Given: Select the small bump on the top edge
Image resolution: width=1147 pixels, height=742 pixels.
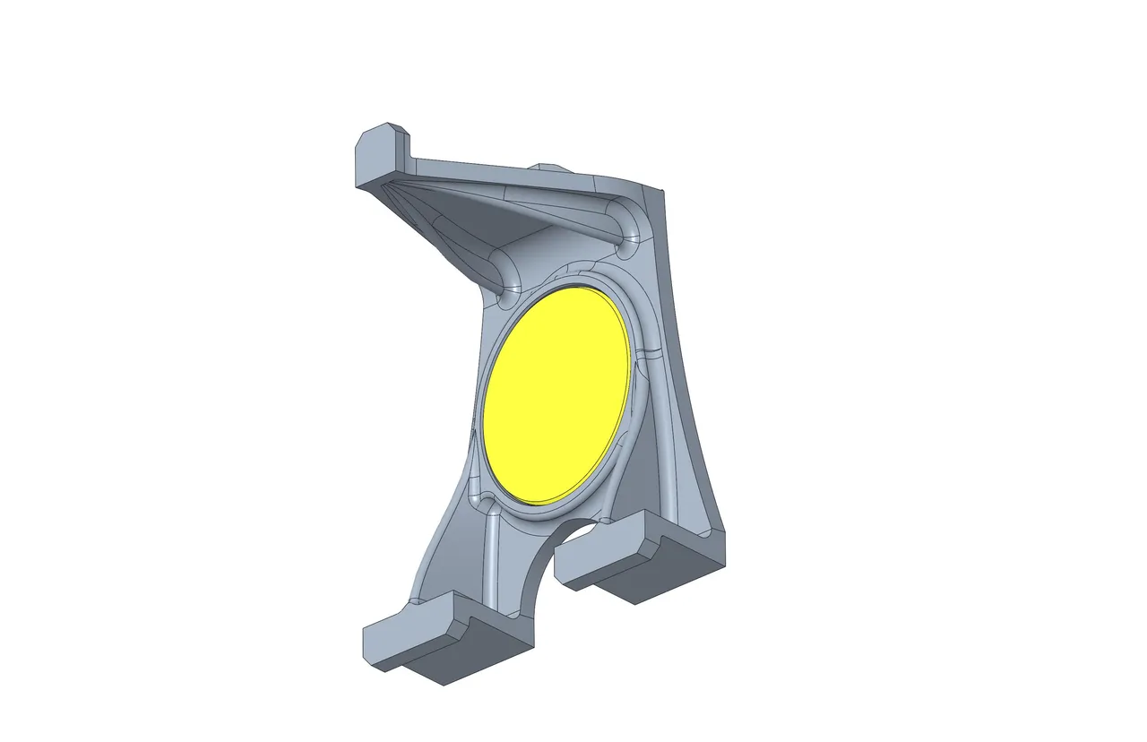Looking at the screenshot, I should [546, 167].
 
